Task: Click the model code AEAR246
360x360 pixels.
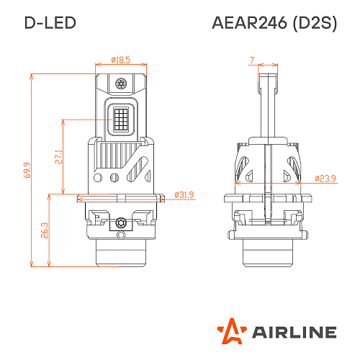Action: (x=248, y=22)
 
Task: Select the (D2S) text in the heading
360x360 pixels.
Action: (x=314, y=22)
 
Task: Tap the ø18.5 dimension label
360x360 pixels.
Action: (x=120, y=60)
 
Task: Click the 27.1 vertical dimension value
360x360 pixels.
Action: (x=58, y=156)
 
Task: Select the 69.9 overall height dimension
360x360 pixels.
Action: (x=27, y=170)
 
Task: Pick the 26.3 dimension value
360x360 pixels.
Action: (x=44, y=230)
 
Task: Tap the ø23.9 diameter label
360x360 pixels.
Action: (x=326, y=178)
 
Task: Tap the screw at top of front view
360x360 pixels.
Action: (x=121, y=84)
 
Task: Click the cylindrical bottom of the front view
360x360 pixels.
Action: (x=121, y=256)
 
